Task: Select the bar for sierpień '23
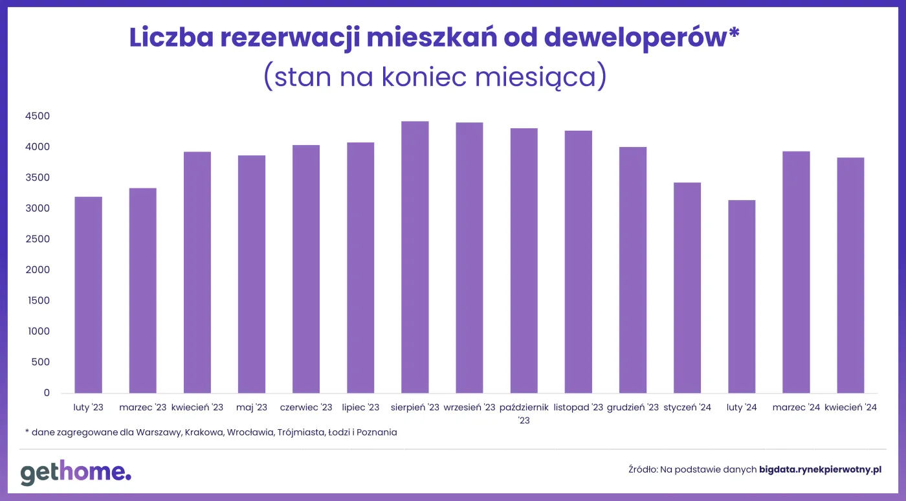coord(415,257)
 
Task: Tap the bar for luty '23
coord(88,295)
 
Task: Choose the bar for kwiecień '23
coord(197,272)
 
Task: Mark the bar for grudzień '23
coord(632,270)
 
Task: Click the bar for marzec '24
coord(795,272)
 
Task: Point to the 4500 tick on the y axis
coord(38,117)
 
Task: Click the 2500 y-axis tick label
coord(38,239)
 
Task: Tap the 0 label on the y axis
coord(47,393)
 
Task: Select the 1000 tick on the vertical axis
coord(38,331)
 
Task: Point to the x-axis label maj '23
coord(252,408)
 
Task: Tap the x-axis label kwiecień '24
coord(850,408)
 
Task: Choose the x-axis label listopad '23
coord(579,408)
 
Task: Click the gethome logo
coord(76,473)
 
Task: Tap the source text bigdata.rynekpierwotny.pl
coord(820,469)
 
